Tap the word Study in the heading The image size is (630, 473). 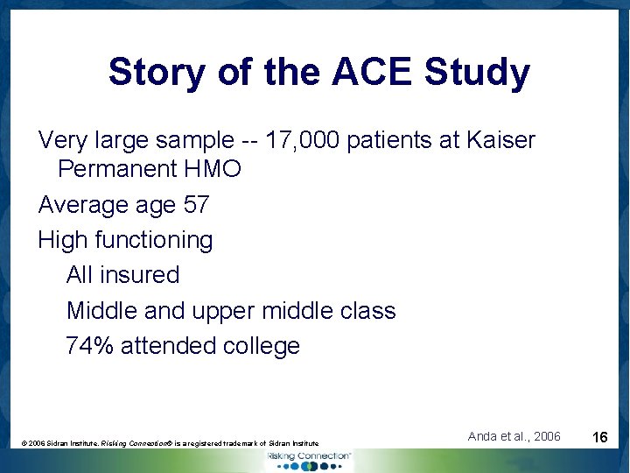[x=477, y=73]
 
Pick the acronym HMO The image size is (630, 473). [x=215, y=169]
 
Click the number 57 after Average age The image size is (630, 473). [x=195, y=205]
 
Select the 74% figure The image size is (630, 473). [x=89, y=346]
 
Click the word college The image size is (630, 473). [x=262, y=346]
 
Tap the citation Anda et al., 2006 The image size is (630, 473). [x=514, y=436]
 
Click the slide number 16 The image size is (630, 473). [x=600, y=437]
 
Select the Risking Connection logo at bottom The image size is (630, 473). [x=308, y=458]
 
